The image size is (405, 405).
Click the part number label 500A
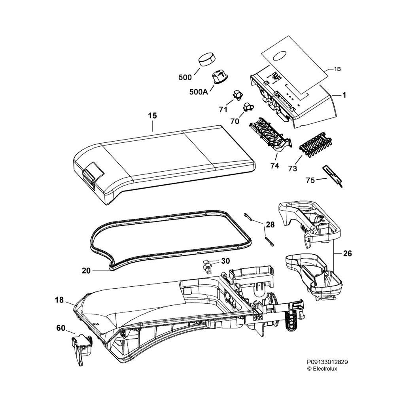[x=198, y=92]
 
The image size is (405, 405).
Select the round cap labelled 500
[x=207, y=60]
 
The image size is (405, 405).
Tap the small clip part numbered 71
[x=237, y=95]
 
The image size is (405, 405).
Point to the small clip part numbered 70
[x=248, y=106]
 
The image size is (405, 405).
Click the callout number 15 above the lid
[x=152, y=116]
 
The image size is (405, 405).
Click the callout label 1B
[x=337, y=69]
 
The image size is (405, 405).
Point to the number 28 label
[x=270, y=225]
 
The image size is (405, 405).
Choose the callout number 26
[x=347, y=254]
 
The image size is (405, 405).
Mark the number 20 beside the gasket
[x=86, y=271]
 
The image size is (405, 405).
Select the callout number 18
[x=59, y=301]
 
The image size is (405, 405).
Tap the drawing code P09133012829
[x=327, y=361]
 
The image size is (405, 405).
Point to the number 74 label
[x=274, y=166]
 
